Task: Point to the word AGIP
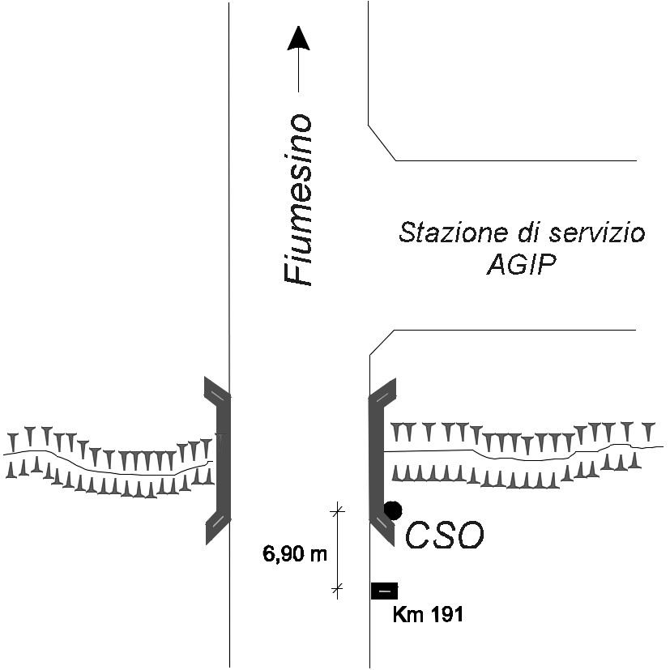tap(522, 265)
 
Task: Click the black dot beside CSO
tap(393, 510)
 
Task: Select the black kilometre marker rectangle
tap(384, 591)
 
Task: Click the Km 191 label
tap(427, 615)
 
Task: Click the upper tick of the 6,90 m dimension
tap(338, 510)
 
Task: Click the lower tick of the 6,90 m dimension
tap(338, 587)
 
